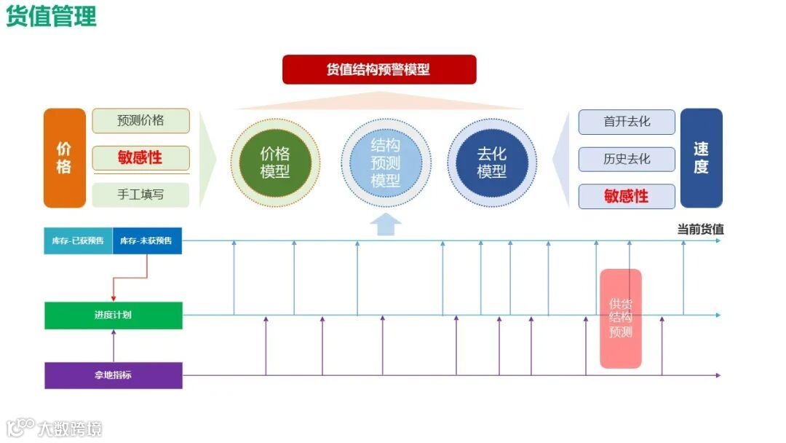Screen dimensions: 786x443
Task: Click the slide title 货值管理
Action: click(x=51, y=16)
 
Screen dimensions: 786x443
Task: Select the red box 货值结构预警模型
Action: click(x=379, y=69)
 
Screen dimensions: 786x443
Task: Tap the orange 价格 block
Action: click(x=65, y=158)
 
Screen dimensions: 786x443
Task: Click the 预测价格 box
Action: click(x=140, y=121)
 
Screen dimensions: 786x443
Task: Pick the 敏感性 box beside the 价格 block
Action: click(x=140, y=158)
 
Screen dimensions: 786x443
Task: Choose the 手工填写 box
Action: click(x=140, y=195)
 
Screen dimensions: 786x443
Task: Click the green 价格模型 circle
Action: click(x=275, y=162)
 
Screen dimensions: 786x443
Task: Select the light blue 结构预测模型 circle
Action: click(x=386, y=162)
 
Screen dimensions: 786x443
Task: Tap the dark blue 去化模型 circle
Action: click(x=492, y=162)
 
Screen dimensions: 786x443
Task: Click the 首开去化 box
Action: click(x=627, y=122)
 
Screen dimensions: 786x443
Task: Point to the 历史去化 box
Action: click(x=627, y=159)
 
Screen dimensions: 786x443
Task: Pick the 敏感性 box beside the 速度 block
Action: click(x=627, y=196)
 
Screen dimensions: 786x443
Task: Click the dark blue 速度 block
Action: click(x=701, y=158)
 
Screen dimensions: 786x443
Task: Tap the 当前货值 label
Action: click(x=700, y=230)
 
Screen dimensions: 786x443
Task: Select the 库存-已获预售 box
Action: click(x=78, y=240)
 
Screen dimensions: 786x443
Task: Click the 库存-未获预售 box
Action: click(x=147, y=240)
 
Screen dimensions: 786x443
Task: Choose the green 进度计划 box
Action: click(x=113, y=315)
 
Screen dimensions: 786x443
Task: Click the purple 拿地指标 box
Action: click(x=113, y=375)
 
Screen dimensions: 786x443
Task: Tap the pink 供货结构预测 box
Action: click(x=621, y=318)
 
